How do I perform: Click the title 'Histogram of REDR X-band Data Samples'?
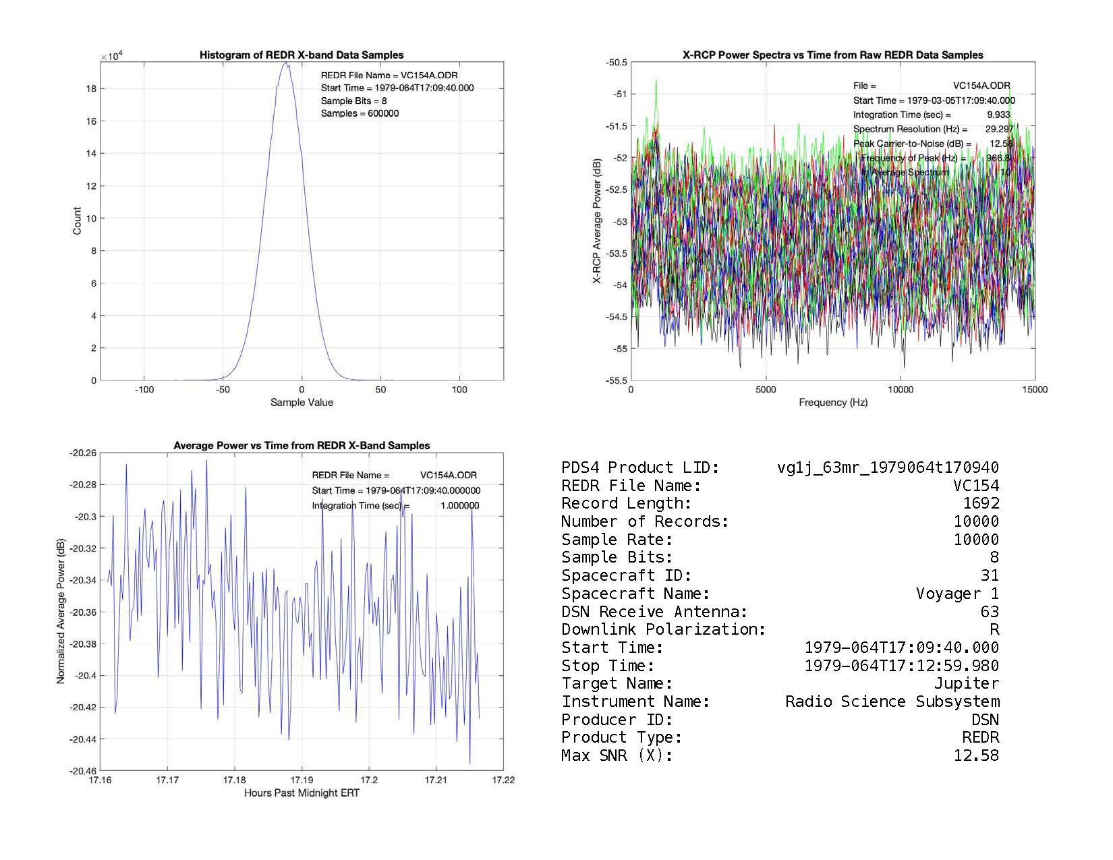click(302, 55)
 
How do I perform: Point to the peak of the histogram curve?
click(285, 63)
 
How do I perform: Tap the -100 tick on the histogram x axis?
click(144, 390)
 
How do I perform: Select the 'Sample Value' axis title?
click(302, 403)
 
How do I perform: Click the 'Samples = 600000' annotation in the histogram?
click(360, 113)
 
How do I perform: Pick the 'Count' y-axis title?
click(77, 221)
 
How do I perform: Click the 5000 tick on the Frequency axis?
click(766, 390)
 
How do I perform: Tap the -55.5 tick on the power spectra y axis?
click(616, 380)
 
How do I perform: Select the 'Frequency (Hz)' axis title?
click(833, 403)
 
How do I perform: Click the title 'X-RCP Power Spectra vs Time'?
click(833, 55)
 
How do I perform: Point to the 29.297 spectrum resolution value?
click(998, 129)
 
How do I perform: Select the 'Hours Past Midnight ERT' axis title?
click(302, 793)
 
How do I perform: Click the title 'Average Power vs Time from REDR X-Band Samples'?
click(302, 446)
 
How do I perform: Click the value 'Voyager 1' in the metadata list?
click(957, 594)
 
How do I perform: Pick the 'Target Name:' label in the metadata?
click(617, 684)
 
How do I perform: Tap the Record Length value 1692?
click(981, 504)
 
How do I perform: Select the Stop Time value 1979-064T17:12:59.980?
click(901, 666)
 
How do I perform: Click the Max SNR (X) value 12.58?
click(975, 756)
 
